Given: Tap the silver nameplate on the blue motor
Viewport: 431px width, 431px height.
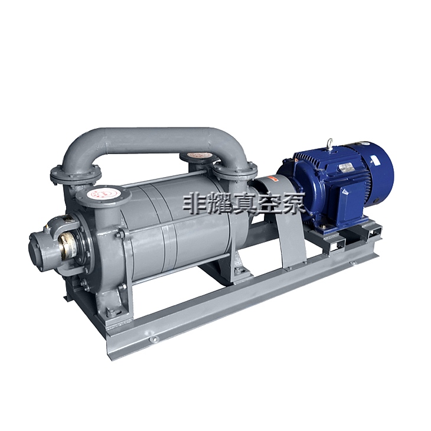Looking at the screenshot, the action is pyautogui.click(x=347, y=168).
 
